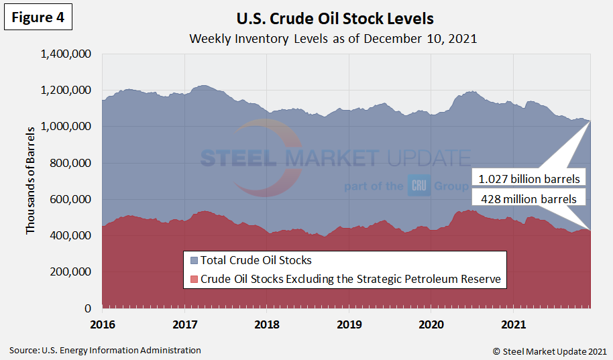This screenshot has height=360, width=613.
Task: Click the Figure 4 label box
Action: pos(38,17)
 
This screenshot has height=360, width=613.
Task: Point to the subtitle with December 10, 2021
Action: pos(333,38)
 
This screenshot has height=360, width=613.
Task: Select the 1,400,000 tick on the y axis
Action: pos(66,54)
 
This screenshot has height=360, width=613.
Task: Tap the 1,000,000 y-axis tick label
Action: pos(66,127)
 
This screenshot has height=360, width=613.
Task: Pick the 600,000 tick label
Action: pos(72,200)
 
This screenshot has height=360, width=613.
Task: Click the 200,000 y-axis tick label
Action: pos(72,272)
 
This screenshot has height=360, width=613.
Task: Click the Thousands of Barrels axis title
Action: pos(30,180)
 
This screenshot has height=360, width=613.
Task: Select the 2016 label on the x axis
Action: pos(103,324)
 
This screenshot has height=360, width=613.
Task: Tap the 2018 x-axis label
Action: pos(267,324)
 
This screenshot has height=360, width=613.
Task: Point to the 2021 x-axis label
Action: pos(513,324)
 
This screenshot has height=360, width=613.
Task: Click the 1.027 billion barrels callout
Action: pos(529,179)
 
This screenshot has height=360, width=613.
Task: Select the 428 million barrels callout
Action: pos(529,198)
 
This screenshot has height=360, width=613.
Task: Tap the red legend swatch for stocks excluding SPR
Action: pos(194,280)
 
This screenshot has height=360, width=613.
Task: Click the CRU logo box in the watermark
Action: pos(419,185)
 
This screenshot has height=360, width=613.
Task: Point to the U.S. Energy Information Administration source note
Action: pos(105,350)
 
